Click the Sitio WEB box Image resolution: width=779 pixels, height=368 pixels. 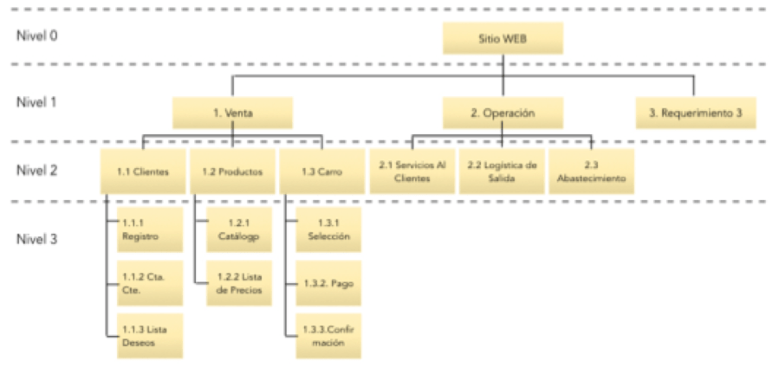(503, 39)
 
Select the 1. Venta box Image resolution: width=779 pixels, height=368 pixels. (231, 113)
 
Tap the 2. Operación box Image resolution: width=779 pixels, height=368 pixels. (503, 113)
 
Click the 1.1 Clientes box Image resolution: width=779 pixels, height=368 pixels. (143, 171)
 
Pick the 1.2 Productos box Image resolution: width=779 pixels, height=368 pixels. (231, 171)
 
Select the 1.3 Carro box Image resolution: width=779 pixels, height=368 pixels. (321, 171)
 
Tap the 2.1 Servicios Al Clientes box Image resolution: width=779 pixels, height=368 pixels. (412, 171)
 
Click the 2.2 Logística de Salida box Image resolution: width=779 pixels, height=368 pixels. (502, 171)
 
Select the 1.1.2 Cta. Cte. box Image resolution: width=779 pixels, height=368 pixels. (150, 282)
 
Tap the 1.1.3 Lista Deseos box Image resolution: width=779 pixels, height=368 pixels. (150, 335)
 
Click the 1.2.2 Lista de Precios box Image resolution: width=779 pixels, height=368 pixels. (238, 282)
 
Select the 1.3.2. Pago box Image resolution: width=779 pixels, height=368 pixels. (328, 282)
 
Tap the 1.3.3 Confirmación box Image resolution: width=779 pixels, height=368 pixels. (328, 335)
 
